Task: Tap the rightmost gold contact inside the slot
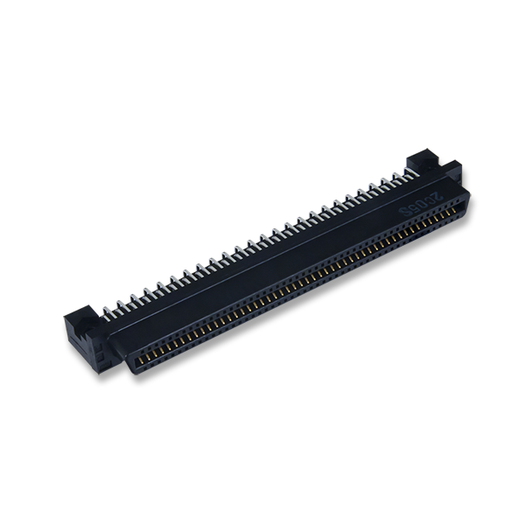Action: click(454, 214)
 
